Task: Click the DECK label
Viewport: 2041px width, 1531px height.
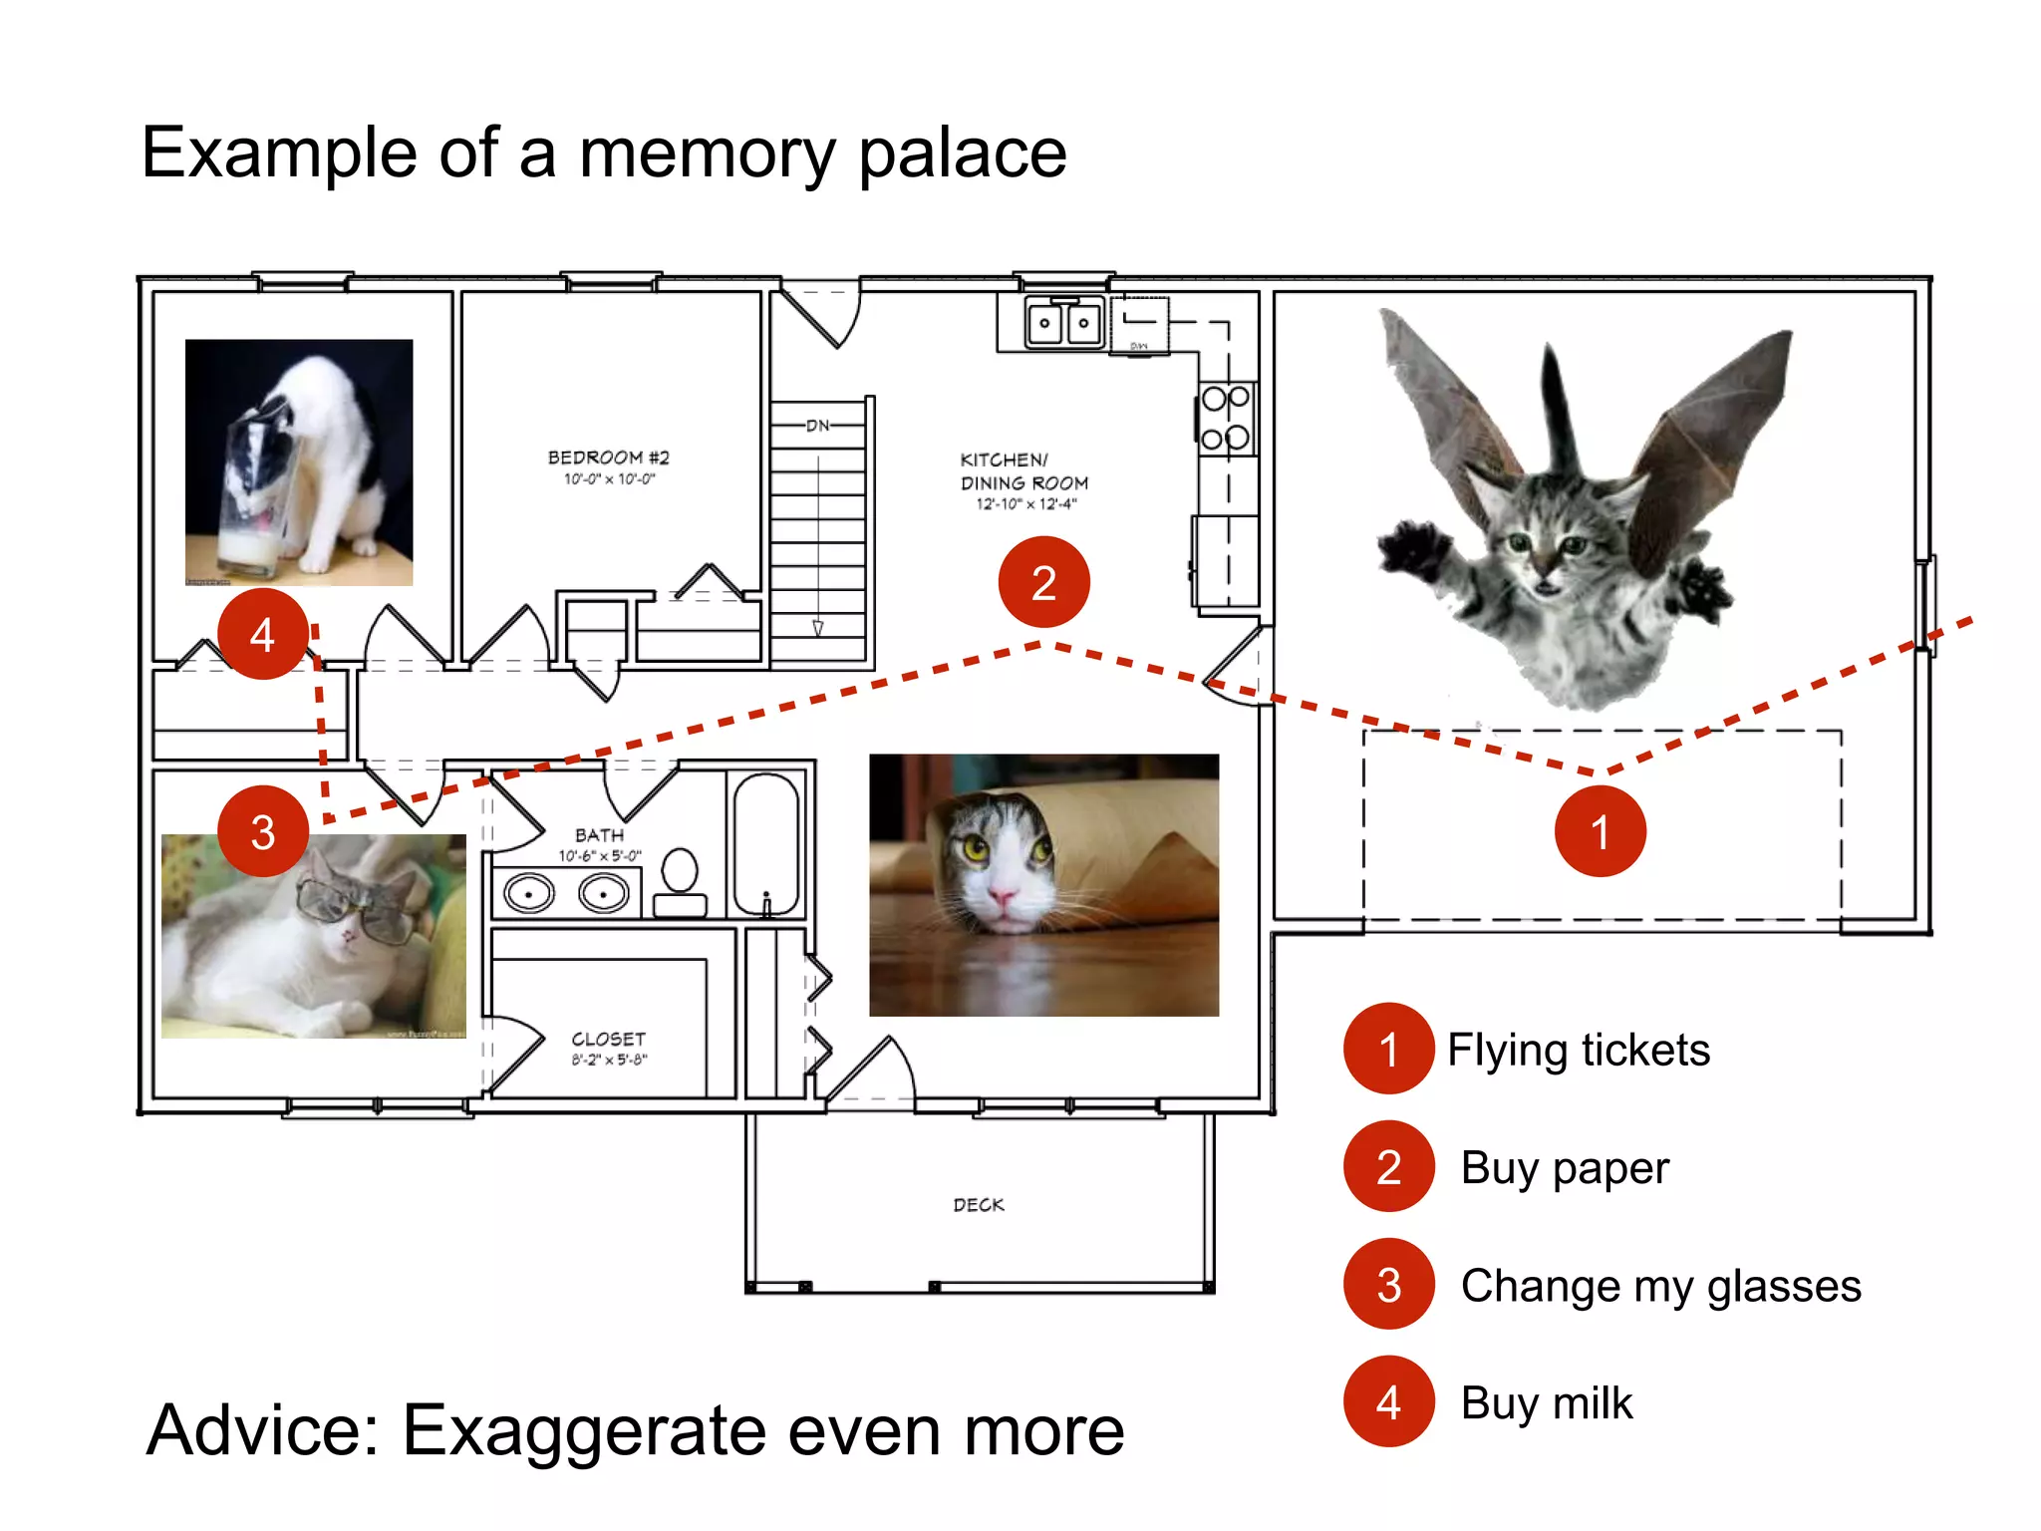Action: [979, 1204]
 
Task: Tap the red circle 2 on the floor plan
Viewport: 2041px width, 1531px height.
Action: [1043, 582]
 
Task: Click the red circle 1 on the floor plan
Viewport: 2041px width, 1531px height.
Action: [1600, 831]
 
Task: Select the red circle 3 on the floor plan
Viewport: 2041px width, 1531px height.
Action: [262, 831]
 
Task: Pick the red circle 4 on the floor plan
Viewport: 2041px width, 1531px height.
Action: [262, 634]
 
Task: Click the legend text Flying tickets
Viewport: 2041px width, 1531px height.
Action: [1579, 1050]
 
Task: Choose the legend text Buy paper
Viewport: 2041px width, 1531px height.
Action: [1565, 1167]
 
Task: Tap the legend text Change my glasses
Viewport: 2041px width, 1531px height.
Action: [1660, 1286]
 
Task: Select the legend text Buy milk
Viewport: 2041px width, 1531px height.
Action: [1547, 1403]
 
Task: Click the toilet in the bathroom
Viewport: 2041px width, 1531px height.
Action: [680, 882]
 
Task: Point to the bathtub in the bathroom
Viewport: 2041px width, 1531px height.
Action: [765, 843]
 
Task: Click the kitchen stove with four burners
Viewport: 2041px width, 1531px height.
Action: [1226, 419]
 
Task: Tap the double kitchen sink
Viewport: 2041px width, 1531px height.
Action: [1064, 323]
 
